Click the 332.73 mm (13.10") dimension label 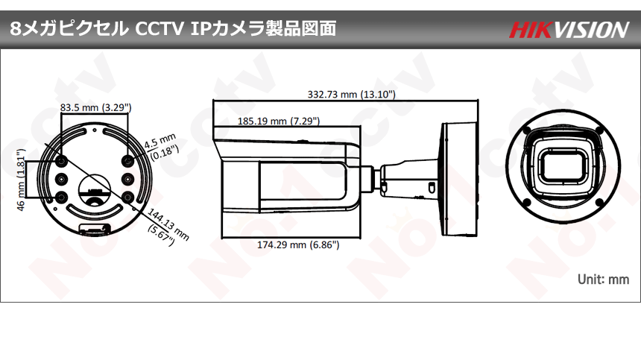click(352, 95)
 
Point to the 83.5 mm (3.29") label click(95, 108)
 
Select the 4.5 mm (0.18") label click(160, 147)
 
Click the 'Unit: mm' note click(603, 279)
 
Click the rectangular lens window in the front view click(562, 165)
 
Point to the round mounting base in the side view click(453, 177)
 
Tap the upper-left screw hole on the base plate click(62, 161)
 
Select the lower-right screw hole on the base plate click(129, 197)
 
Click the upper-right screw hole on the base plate click(129, 161)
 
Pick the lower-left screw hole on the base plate click(62, 197)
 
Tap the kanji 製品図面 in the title click(306, 29)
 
